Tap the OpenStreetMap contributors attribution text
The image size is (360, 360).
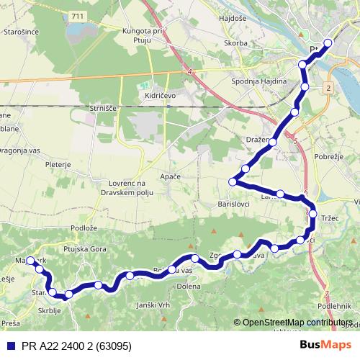click(297, 322)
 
